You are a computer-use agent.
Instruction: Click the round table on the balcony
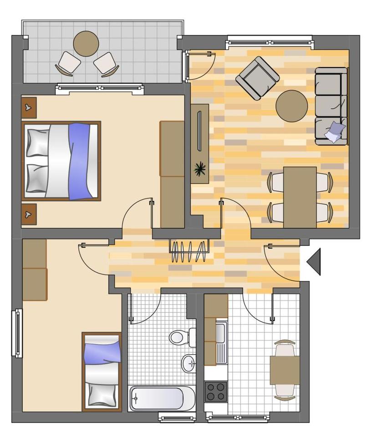click(86, 43)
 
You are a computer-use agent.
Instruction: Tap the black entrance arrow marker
click(314, 262)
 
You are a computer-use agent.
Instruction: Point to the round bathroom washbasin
click(188, 363)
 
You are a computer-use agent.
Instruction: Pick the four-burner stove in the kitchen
click(216, 391)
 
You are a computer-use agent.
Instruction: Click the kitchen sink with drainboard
click(221, 342)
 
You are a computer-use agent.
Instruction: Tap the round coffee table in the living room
click(291, 106)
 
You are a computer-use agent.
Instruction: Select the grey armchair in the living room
click(257, 78)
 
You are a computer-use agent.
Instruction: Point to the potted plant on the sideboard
click(199, 169)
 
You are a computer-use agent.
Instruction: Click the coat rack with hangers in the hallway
click(189, 252)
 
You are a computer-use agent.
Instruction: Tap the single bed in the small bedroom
click(102, 372)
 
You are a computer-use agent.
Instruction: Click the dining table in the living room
click(300, 197)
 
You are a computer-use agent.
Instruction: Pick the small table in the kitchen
click(284, 370)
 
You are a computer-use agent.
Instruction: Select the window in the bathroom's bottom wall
click(177, 416)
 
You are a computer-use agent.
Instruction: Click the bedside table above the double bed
click(29, 107)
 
